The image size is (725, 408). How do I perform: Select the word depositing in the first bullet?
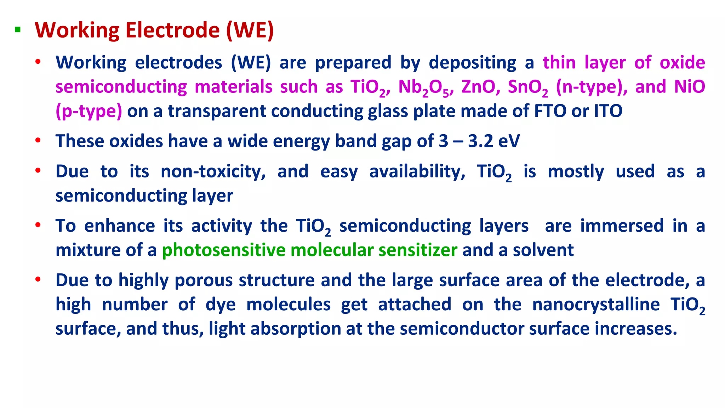(472, 63)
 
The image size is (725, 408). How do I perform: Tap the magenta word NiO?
(690, 87)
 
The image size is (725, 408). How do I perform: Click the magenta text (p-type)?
(89, 111)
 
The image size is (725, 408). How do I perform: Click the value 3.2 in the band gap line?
(480, 141)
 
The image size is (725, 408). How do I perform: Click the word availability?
(417, 172)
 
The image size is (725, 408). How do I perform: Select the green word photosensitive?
(223, 250)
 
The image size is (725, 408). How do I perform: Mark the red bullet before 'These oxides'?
(38, 141)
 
